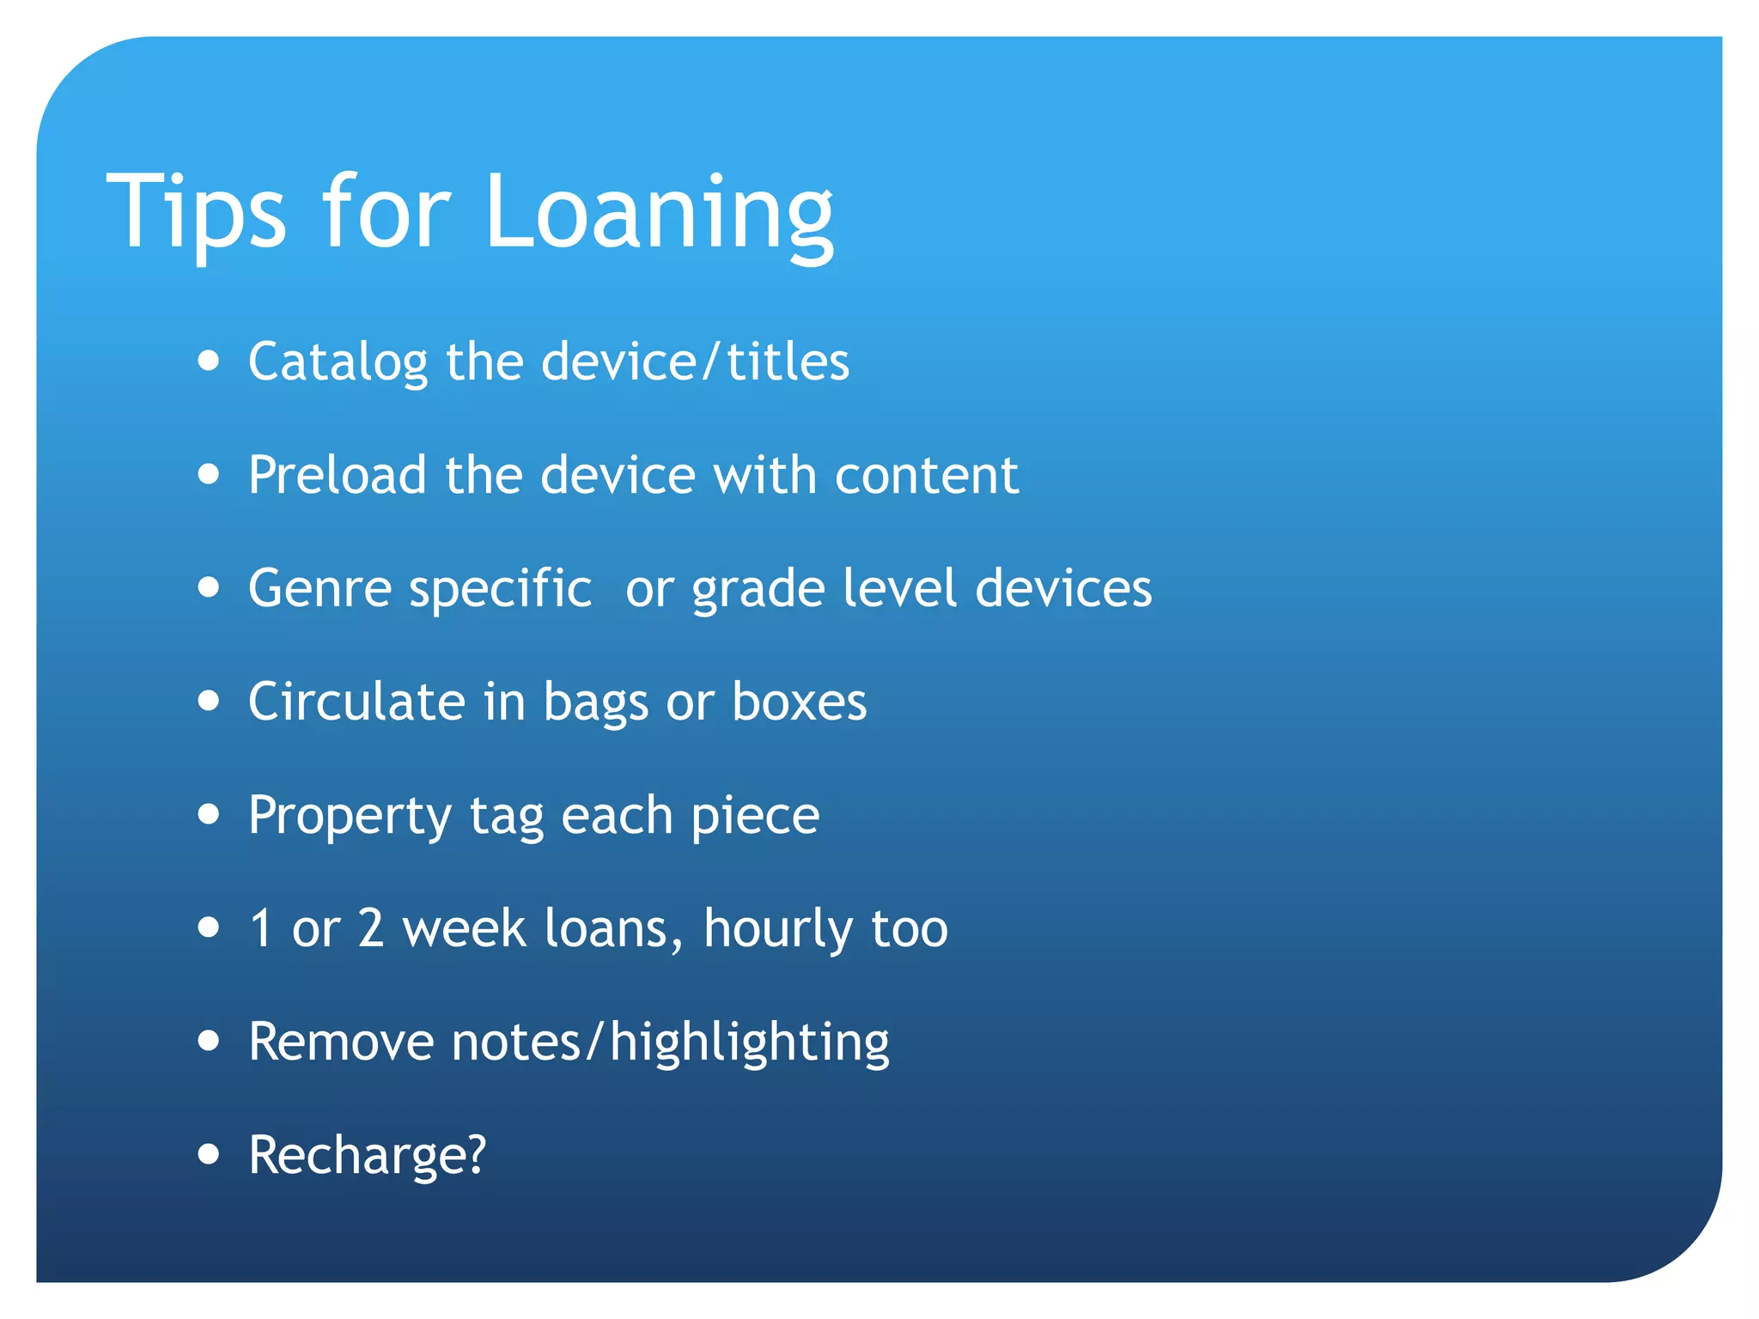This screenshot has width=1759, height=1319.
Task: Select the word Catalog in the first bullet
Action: tap(338, 362)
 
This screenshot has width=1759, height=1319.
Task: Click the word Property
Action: tap(350, 816)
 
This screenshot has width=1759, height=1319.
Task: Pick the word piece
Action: tap(755, 816)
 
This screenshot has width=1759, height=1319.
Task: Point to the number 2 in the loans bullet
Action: tap(371, 928)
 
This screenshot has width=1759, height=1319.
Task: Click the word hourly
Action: tap(777, 929)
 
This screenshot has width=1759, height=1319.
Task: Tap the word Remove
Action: tap(341, 1042)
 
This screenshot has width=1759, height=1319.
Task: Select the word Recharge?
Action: tap(368, 1155)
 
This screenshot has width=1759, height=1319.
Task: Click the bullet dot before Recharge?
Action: tap(209, 1155)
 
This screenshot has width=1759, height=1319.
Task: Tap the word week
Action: tap(464, 928)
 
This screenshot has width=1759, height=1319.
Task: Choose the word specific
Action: tap(501, 590)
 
